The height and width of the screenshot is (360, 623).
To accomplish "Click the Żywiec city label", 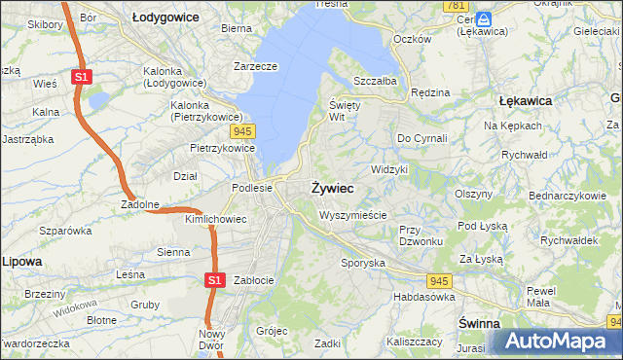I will point(331,187).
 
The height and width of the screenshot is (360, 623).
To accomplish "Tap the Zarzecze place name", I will point(256,67).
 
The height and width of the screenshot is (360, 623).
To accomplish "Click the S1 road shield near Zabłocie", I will point(215,280).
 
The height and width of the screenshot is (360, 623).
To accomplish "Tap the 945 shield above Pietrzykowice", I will point(243,130).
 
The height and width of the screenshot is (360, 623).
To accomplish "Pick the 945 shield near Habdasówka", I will point(439,280).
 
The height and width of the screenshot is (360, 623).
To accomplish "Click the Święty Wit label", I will point(345,110).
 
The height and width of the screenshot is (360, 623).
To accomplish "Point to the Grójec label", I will point(272,330).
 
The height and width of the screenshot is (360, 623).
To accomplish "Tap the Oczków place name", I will point(410,39).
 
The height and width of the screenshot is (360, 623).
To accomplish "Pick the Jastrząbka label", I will point(26,139).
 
